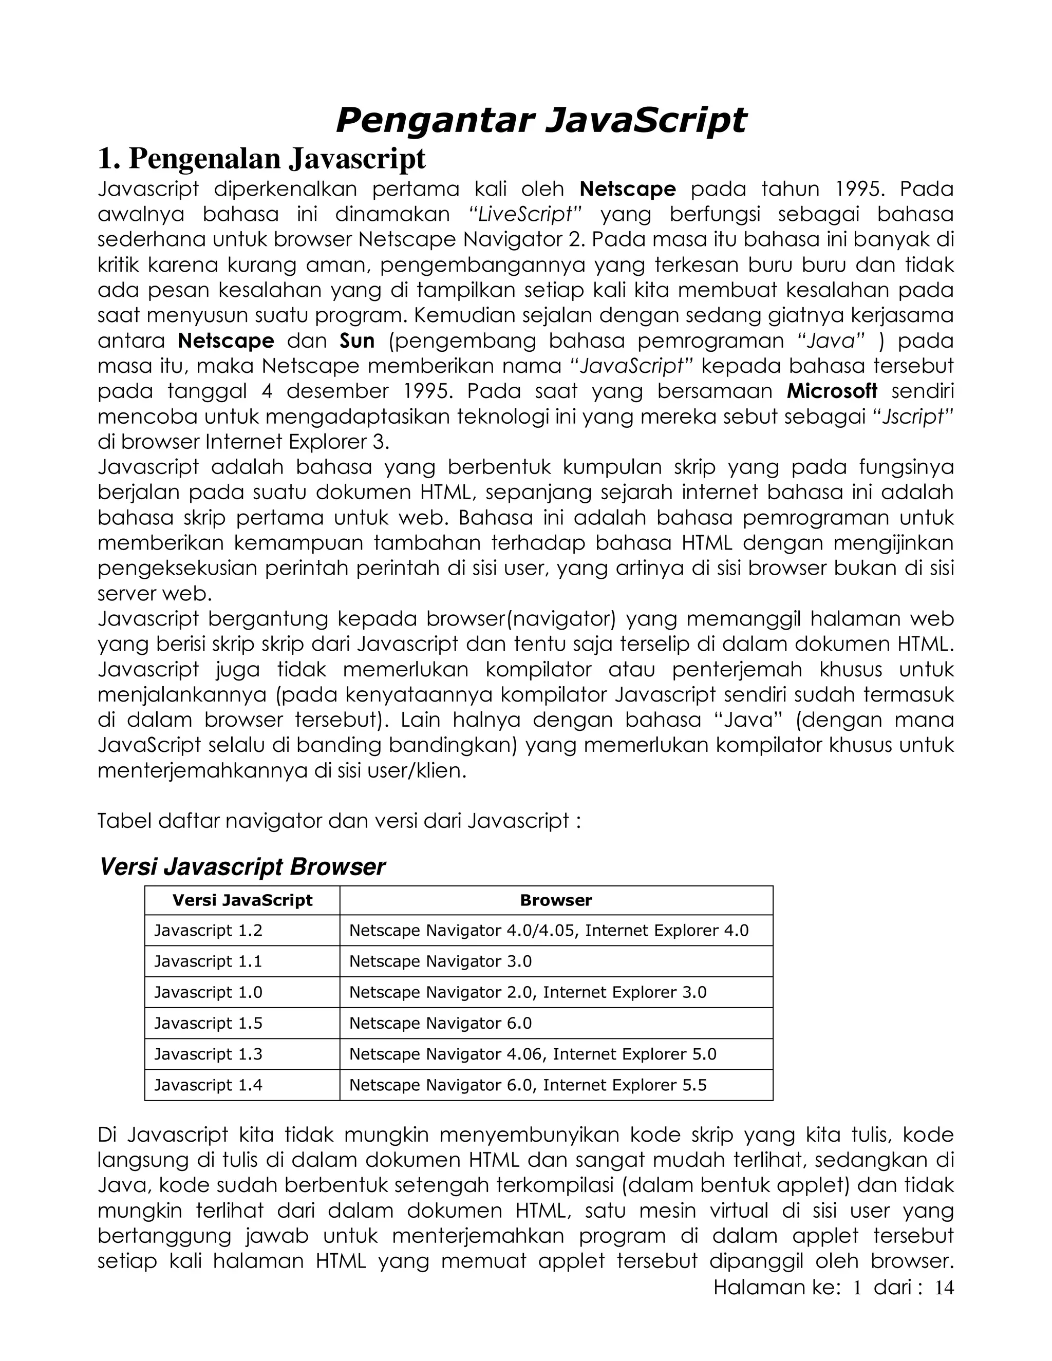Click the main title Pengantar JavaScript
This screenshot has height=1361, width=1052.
click(x=540, y=120)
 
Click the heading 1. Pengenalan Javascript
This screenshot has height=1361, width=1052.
click(x=262, y=159)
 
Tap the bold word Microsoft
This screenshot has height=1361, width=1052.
click(x=832, y=391)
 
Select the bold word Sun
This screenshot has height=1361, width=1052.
click(x=357, y=341)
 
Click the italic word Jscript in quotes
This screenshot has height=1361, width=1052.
click(x=915, y=417)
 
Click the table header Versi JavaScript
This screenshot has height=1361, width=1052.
click(x=242, y=900)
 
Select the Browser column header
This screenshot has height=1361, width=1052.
click(x=556, y=900)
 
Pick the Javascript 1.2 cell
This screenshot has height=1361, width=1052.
click(x=208, y=931)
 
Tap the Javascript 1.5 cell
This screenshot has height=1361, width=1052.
click(x=208, y=1023)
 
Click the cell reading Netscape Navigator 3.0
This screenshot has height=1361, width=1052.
click(x=440, y=961)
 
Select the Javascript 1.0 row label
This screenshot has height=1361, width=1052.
click(x=208, y=992)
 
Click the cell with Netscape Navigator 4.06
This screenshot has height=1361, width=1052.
click(x=449, y=1054)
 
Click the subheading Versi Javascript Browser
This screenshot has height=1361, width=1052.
click(x=242, y=867)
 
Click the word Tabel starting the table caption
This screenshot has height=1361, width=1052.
click(x=124, y=821)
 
